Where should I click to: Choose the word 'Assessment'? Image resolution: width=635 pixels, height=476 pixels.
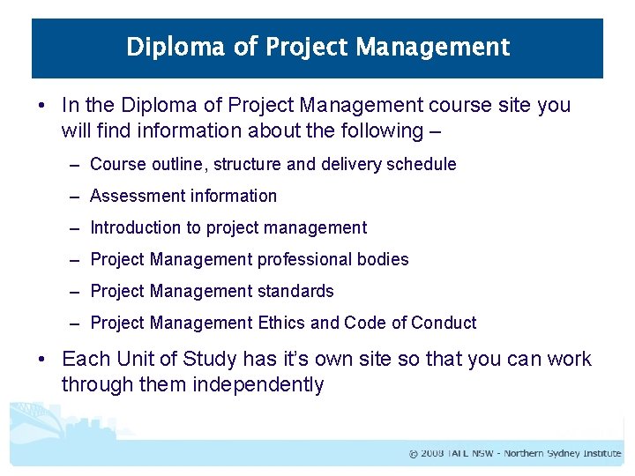(x=135, y=196)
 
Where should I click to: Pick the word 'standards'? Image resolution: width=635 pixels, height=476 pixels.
(x=295, y=291)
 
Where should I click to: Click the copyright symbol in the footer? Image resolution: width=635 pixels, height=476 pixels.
(x=413, y=454)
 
